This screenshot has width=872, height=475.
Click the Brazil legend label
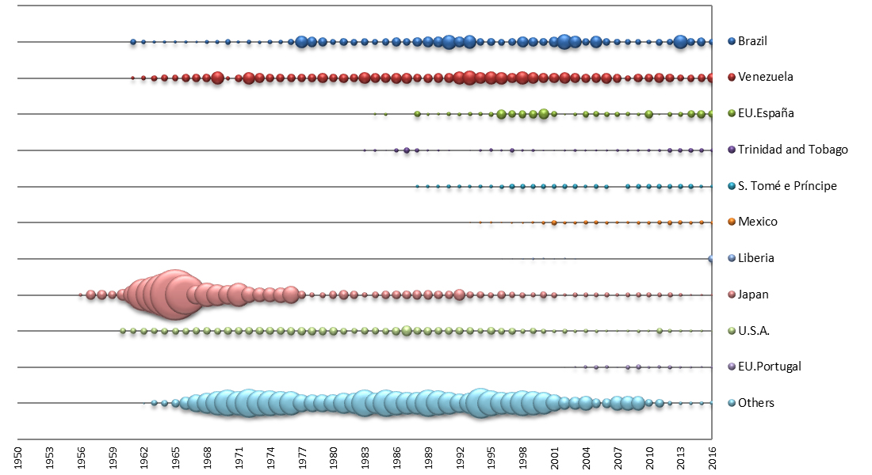click(752, 41)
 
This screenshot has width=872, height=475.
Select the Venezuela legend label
click(765, 78)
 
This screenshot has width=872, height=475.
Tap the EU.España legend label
click(766, 113)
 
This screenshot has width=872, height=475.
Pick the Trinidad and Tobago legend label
click(793, 150)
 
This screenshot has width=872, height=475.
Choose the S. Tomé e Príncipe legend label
click(787, 186)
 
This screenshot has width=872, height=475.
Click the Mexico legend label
click(757, 222)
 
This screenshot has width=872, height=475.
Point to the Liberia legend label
click(755, 258)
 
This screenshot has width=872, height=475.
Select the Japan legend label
click(752, 294)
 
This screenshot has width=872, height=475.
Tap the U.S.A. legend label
click(754, 330)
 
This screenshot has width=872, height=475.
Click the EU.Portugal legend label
click(769, 367)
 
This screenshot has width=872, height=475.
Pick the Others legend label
click(755, 403)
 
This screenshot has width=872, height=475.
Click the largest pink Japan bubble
click(173, 294)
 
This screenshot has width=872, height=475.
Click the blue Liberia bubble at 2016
click(711, 259)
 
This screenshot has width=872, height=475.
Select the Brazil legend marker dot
click(731, 41)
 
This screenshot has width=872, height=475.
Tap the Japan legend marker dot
click(731, 294)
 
